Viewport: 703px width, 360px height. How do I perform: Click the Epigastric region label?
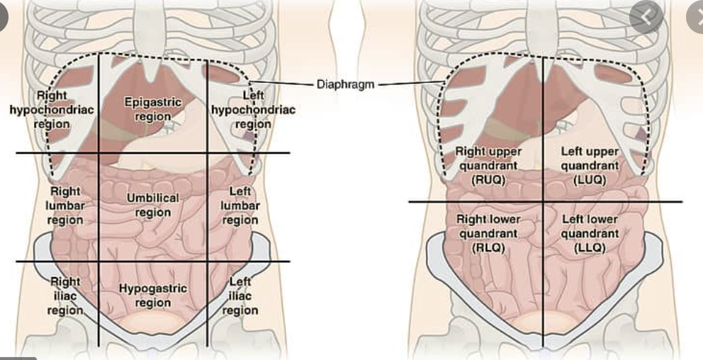pyautogui.click(x=153, y=109)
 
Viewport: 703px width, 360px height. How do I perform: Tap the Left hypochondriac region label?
pyautogui.click(x=253, y=110)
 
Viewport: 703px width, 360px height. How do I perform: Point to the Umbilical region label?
pyautogui.click(x=153, y=205)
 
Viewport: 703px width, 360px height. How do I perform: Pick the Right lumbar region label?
pyautogui.click(x=65, y=206)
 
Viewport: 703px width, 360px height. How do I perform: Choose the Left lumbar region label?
pyautogui.click(x=240, y=206)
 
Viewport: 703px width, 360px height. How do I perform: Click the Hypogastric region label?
pyautogui.click(x=153, y=296)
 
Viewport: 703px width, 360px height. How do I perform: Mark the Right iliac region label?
pyautogui.click(x=65, y=296)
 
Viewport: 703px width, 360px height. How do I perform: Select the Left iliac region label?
pyautogui.click(x=240, y=296)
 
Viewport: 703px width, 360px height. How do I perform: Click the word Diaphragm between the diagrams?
pyautogui.click(x=345, y=84)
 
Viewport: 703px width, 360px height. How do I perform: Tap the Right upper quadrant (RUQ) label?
pyautogui.click(x=488, y=165)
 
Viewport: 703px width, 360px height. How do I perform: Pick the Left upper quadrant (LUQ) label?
pyautogui.click(x=590, y=165)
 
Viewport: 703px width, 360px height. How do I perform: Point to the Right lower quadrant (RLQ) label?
pyautogui.click(x=488, y=233)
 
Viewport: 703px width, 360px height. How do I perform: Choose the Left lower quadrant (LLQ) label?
pyautogui.click(x=590, y=233)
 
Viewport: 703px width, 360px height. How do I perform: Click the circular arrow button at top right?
pyautogui.click(x=646, y=16)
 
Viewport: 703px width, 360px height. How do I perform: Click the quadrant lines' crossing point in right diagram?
pyautogui.click(x=544, y=202)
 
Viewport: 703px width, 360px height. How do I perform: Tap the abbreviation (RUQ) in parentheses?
pyautogui.click(x=488, y=179)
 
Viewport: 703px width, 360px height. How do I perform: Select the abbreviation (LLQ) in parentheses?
pyautogui.click(x=590, y=247)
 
